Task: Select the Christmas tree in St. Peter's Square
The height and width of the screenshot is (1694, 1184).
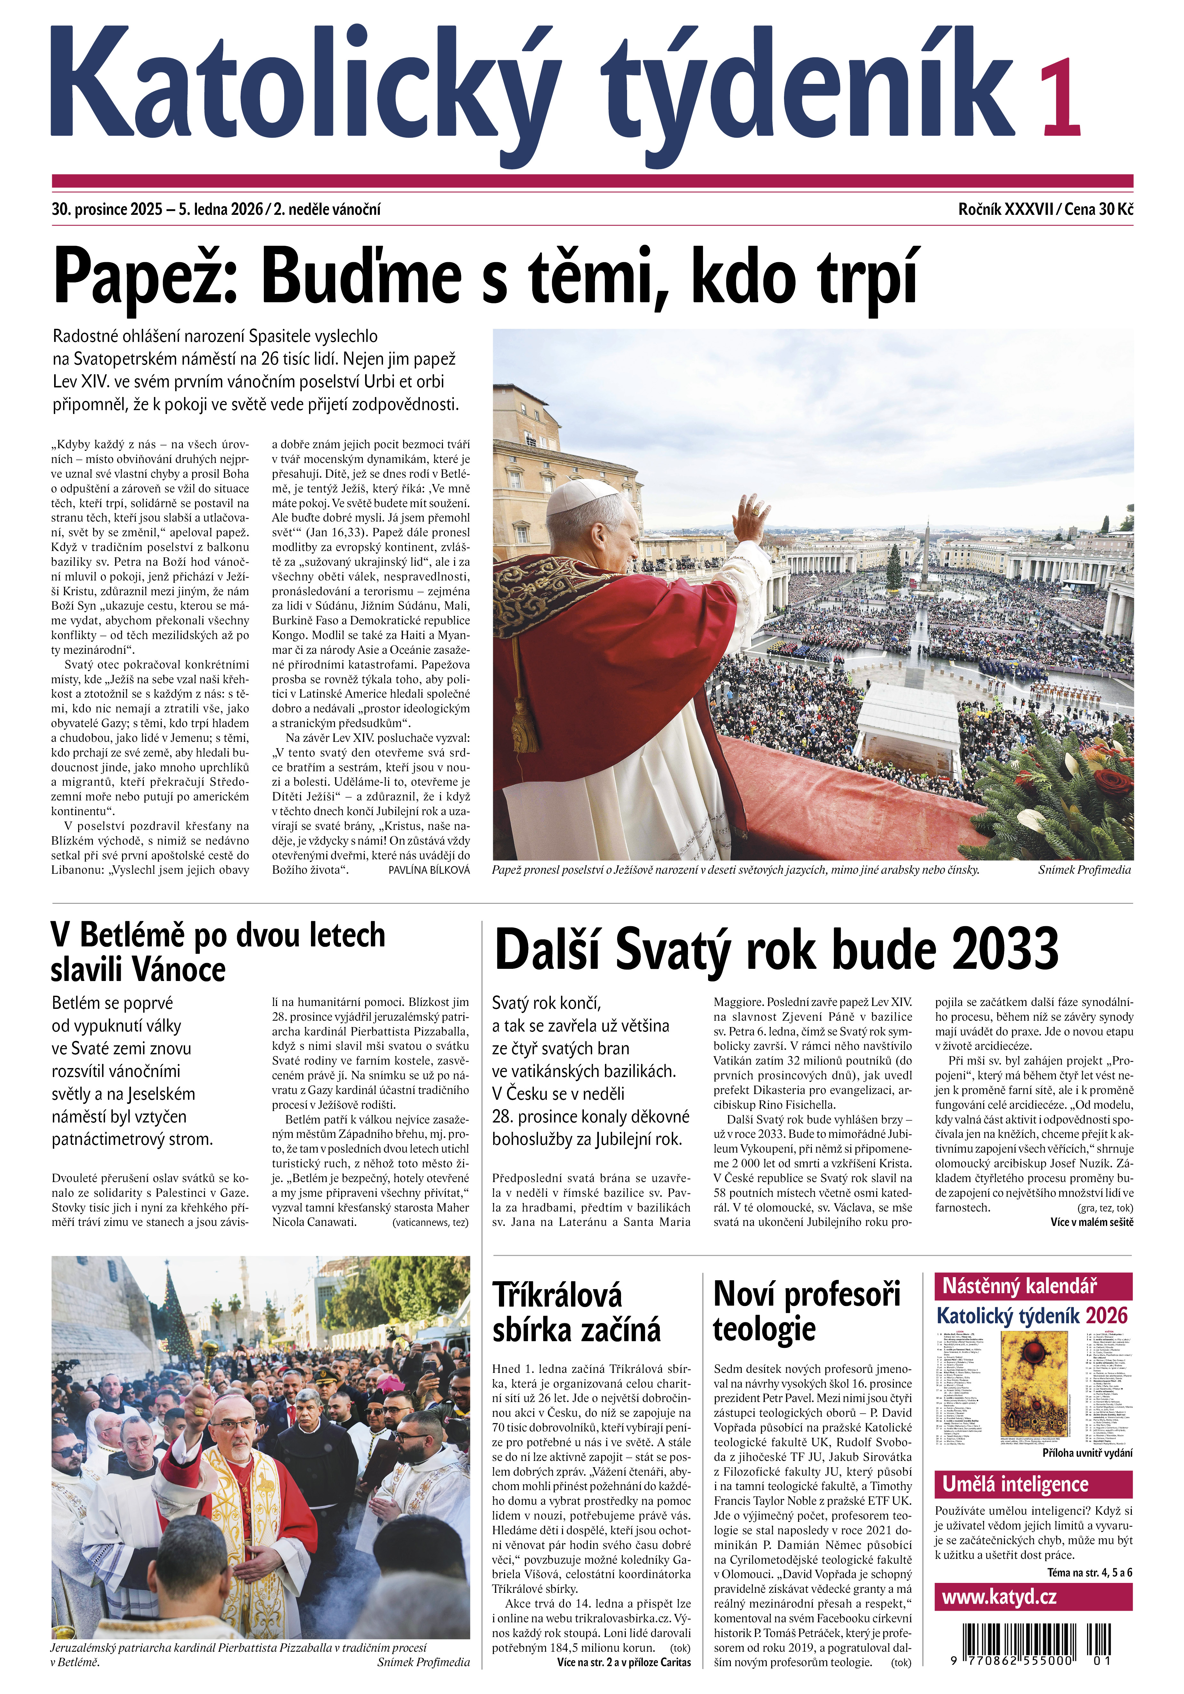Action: [895, 567]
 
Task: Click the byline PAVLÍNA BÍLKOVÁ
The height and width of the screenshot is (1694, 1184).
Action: [428, 870]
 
